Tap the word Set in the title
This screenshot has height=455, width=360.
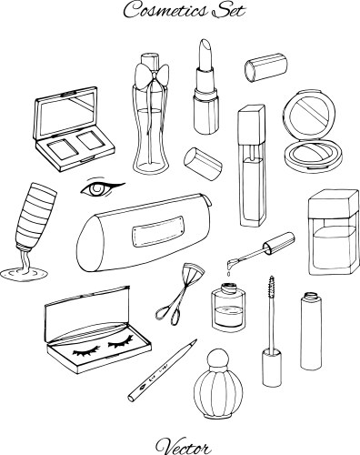point(228,10)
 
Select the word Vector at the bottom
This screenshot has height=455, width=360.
point(183,446)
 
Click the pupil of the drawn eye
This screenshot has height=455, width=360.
point(97,189)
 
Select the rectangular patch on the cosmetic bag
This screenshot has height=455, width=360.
point(158,231)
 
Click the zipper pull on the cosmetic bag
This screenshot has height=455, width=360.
point(208,201)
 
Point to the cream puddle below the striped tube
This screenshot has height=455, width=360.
point(24,274)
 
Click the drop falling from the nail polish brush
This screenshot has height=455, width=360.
point(229,274)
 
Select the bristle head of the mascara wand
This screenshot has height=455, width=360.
point(272,286)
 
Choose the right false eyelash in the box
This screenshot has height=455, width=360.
point(121,341)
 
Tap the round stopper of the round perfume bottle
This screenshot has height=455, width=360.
point(217,358)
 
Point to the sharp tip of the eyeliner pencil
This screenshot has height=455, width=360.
point(196,340)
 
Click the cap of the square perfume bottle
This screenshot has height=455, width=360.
point(334,203)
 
